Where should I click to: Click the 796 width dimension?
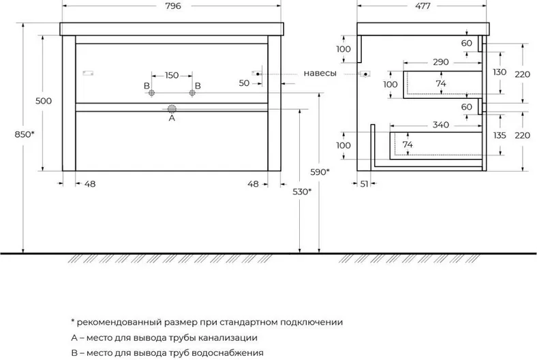pos(173,6)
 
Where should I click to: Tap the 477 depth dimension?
pos(423,6)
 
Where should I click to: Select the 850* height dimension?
pos(25,134)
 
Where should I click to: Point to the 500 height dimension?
pos(44,101)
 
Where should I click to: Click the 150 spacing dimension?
pos(172,75)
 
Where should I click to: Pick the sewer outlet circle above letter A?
pos(172,109)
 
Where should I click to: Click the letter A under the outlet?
pos(172,118)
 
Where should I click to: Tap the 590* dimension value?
pos(320,172)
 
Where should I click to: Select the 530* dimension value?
pos(302,192)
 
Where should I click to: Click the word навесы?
pos(320,74)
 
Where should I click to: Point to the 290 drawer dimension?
pos(441,62)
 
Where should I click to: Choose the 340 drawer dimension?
pos(441,125)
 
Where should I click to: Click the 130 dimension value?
pos(500,72)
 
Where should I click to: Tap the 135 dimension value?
pos(500,135)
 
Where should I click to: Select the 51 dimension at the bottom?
pos(364,184)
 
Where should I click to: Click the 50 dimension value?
pos(244,83)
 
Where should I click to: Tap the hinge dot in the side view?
pos(366,74)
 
